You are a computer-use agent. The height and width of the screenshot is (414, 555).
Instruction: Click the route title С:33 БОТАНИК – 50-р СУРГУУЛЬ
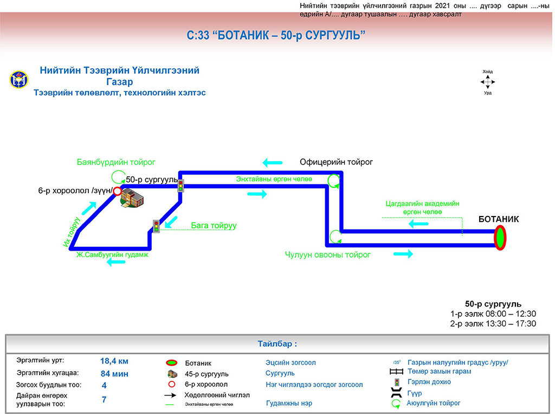click(276, 36)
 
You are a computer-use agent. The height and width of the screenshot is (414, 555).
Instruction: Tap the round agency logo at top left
click(18, 80)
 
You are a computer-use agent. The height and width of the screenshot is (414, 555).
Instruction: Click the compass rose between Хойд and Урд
click(488, 82)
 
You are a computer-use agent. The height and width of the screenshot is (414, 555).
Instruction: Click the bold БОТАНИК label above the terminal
click(499, 219)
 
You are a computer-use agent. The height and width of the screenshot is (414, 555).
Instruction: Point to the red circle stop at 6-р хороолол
click(117, 191)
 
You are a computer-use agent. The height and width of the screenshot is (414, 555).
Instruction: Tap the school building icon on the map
click(132, 199)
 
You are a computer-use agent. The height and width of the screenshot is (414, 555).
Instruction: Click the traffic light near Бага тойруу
click(156, 226)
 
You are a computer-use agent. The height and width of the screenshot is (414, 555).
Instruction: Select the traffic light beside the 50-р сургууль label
click(181, 185)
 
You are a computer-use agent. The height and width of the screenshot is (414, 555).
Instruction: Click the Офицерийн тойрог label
click(336, 162)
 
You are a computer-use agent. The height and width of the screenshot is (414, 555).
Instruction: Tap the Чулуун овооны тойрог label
click(327, 254)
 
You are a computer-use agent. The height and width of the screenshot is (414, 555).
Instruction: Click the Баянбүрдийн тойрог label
click(116, 162)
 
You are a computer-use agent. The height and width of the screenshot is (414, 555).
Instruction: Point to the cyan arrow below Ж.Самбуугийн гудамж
click(116, 263)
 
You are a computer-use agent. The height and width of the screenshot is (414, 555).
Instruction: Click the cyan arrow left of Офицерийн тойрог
click(273, 162)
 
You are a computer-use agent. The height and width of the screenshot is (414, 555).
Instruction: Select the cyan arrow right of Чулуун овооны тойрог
click(403, 253)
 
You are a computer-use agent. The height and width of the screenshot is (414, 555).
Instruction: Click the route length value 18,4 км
click(114, 361)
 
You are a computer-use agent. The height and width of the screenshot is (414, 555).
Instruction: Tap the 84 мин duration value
click(114, 373)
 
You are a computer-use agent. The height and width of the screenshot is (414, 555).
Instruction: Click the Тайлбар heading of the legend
click(277, 344)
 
